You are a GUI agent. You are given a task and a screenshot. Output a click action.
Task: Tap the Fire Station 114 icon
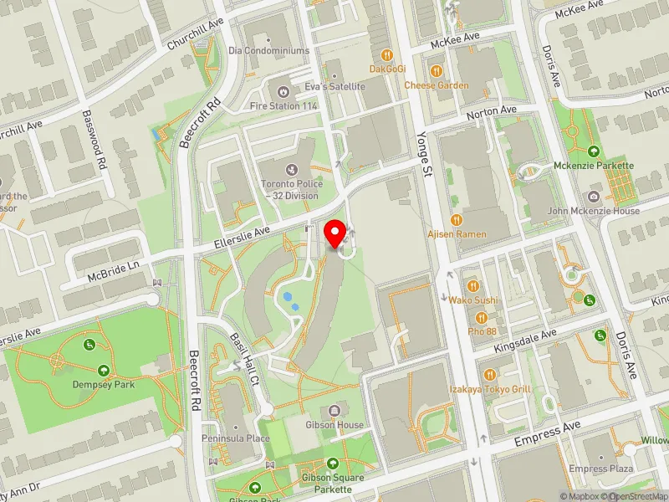(283, 90)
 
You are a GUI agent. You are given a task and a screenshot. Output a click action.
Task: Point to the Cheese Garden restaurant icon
(436, 69)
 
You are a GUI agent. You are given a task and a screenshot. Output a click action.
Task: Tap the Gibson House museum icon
(334, 410)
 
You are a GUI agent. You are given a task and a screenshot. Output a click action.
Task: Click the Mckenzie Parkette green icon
(594, 151)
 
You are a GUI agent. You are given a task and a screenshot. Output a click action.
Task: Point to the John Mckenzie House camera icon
(593, 197)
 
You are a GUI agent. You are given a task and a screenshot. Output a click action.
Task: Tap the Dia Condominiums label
(269, 50)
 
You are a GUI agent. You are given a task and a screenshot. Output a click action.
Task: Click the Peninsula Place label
(235, 438)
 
